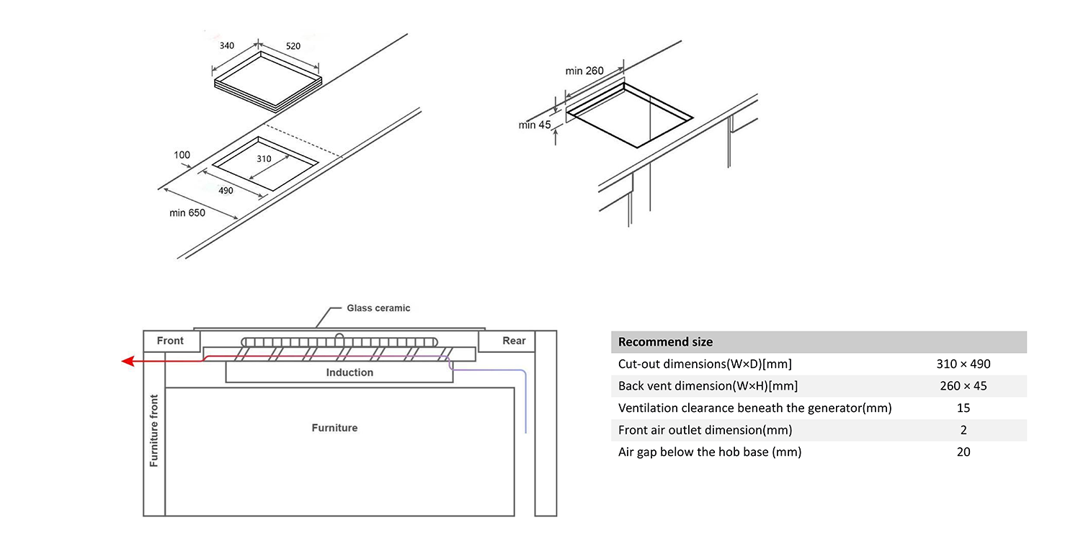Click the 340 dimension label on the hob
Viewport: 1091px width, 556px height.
pyautogui.click(x=226, y=46)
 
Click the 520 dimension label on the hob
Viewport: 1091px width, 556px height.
pyautogui.click(x=293, y=46)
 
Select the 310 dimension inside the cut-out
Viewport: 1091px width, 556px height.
pyautogui.click(x=264, y=159)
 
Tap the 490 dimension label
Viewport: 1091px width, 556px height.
pyautogui.click(x=226, y=191)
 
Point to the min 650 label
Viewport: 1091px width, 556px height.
pyautogui.click(x=187, y=213)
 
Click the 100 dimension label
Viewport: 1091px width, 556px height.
pyautogui.click(x=182, y=155)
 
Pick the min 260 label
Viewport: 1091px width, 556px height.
pyautogui.click(x=584, y=71)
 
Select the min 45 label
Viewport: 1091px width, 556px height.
pyautogui.click(x=534, y=125)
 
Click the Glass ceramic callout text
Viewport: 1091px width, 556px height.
pyautogui.click(x=378, y=308)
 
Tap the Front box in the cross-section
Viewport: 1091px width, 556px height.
pyautogui.click(x=170, y=341)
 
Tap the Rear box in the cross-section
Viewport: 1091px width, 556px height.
pyautogui.click(x=514, y=341)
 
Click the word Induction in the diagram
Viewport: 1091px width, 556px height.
pyautogui.click(x=349, y=372)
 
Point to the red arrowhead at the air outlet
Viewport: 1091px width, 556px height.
pyautogui.click(x=128, y=361)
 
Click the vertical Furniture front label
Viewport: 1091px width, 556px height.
pyautogui.click(x=153, y=431)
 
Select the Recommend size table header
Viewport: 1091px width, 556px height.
pyautogui.click(x=665, y=342)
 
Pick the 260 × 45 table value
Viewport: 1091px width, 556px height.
pyautogui.click(x=963, y=386)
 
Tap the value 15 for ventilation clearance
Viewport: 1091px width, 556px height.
pyautogui.click(x=963, y=408)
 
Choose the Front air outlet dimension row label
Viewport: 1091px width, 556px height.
pyautogui.click(x=705, y=430)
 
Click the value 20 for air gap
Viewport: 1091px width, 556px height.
pyautogui.click(x=963, y=452)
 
